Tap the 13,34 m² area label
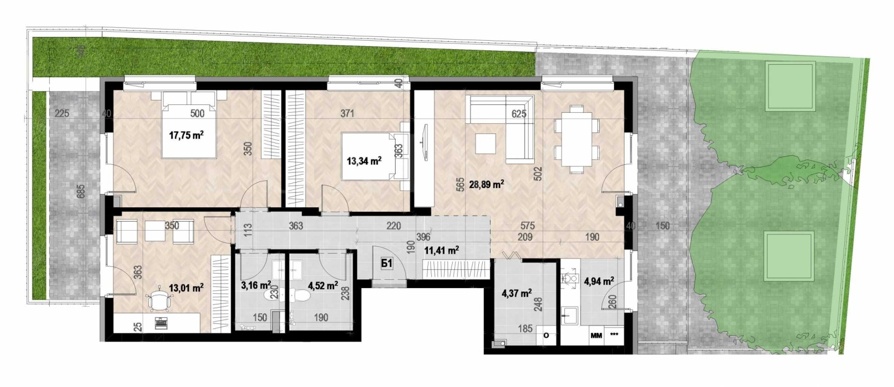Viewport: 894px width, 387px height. pyautogui.click(x=364, y=161)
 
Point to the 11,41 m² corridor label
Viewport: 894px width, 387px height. pyautogui.click(x=441, y=251)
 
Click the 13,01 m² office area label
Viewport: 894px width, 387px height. pyautogui.click(x=186, y=288)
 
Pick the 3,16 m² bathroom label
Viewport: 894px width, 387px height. pyautogui.click(x=255, y=285)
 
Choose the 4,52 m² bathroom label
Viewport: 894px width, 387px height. pyautogui.click(x=323, y=285)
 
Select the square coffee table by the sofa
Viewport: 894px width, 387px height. pyautogui.click(x=484, y=144)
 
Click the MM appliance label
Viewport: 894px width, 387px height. pyautogui.click(x=596, y=336)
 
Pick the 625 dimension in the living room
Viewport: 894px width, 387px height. pyautogui.click(x=520, y=114)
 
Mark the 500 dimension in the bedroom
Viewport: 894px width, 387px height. pyautogui.click(x=197, y=114)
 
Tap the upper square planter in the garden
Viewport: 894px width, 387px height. pyautogui.click(x=791, y=87)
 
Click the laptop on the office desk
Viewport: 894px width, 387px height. pyautogui.click(x=160, y=323)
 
